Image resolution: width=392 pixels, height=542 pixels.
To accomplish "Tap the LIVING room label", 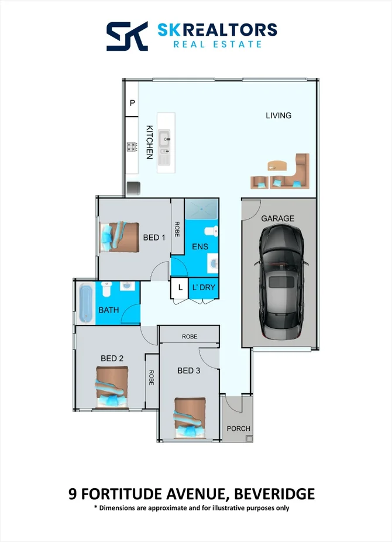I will pyautogui.click(x=278, y=115).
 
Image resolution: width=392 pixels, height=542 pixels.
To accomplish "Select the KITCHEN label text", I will pyautogui.click(x=150, y=142).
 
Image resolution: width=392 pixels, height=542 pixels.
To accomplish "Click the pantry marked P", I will pyautogui.click(x=132, y=104).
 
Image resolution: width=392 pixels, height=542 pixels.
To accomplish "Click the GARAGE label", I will pyautogui.click(x=277, y=218).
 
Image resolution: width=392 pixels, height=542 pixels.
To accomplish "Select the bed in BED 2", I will pyautogui.click(x=110, y=386).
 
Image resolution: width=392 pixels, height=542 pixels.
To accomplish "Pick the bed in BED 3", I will pyautogui.click(x=190, y=417).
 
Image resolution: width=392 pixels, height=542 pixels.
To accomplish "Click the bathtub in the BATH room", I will pyautogui.click(x=86, y=303).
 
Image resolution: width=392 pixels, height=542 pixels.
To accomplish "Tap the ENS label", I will pyautogui.click(x=200, y=247).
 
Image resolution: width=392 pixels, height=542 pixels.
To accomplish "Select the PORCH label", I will pyautogui.click(x=238, y=428).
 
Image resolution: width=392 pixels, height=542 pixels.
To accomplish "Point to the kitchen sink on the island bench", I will pyautogui.click(x=165, y=139).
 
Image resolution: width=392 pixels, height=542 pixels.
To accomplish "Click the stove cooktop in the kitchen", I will pyautogui.click(x=131, y=148).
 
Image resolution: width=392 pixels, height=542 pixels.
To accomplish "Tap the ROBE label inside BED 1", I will pyautogui.click(x=177, y=228).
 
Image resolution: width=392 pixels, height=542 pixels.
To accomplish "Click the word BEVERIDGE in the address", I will pyautogui.click(x=273, y=493).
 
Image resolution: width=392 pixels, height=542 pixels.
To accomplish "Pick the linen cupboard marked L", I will pyautogui.click(x=180, y=287).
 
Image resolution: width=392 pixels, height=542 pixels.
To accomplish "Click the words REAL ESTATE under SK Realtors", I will pyautogui.click(x=217, y=44).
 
